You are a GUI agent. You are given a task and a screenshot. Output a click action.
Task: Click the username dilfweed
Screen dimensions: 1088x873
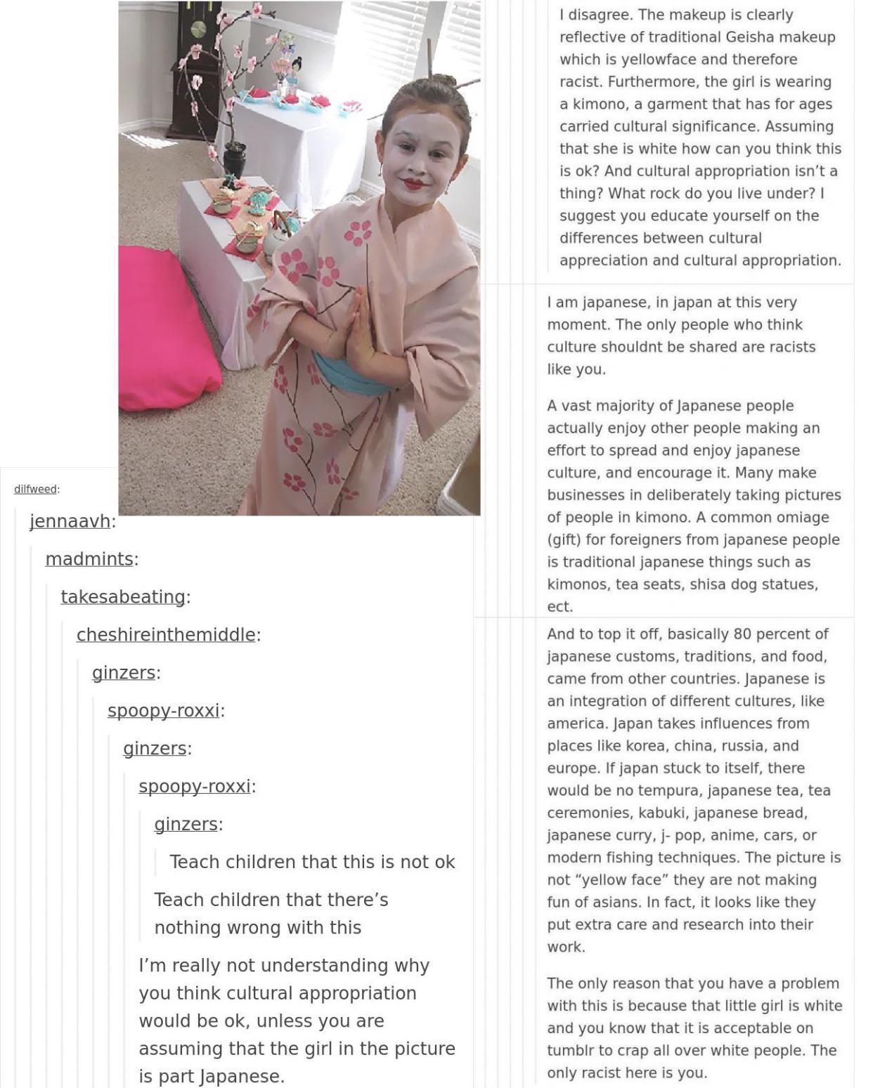[35, 489]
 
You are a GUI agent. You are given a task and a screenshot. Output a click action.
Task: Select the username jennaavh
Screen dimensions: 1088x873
[70, 521]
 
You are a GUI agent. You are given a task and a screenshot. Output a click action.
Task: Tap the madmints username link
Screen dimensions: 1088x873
[89, 559]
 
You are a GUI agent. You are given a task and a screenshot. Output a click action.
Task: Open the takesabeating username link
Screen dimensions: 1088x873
[123, 597]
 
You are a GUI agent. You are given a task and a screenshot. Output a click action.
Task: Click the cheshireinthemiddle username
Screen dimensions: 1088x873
[166, 635]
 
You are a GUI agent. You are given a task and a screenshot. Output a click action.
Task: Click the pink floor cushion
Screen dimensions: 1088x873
[164, 330]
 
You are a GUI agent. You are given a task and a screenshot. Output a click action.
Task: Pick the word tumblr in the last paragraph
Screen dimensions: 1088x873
[571, 1051]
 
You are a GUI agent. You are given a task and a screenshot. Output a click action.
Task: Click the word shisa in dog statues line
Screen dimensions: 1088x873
[715, 584]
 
